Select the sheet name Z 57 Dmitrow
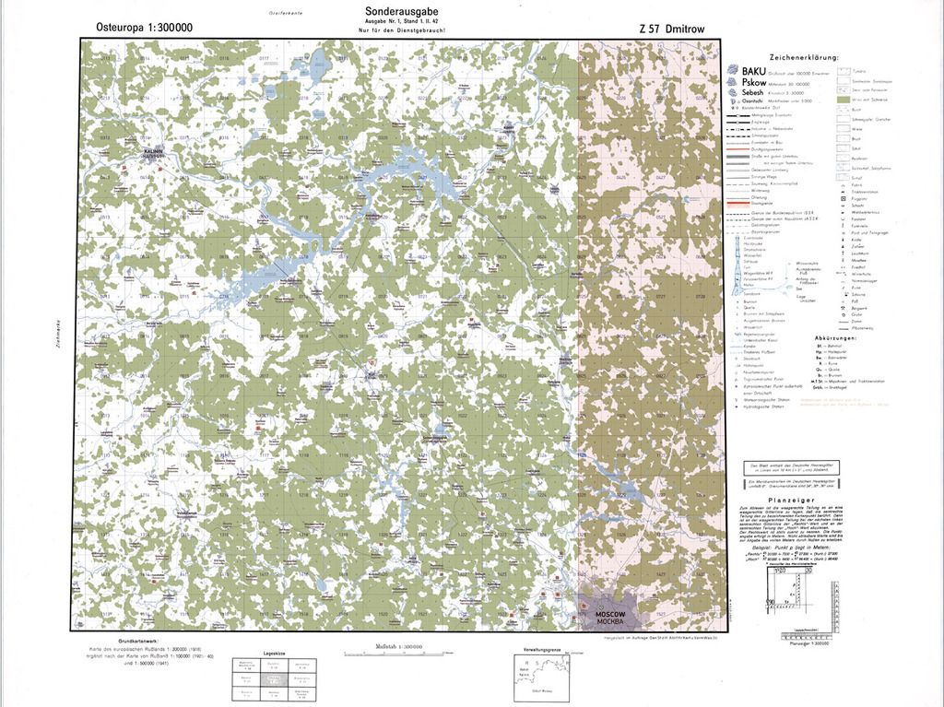[671, 29]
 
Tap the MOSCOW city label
[610, 615]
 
